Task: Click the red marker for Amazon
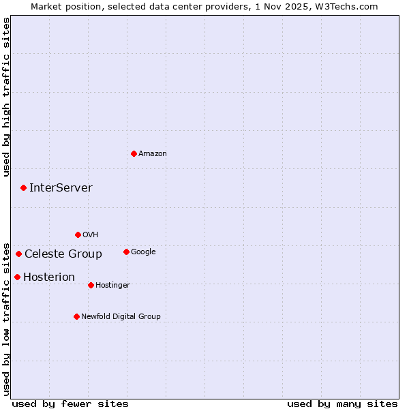point(134,153)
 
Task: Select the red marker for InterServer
point(23,187)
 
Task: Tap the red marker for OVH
point(78,234)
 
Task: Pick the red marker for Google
point(126,252)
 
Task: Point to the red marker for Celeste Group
point(18,254)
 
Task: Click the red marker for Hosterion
point(17,277)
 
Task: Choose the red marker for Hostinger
point(91,285)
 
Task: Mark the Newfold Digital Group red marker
point(76,316)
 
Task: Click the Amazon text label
point(153,154)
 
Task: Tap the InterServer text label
point(61,188)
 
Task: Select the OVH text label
point(91,235)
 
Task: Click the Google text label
point(143,252)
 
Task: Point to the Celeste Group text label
point(63,254)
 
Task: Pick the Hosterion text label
point(49,277)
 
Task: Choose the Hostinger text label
point(112,286)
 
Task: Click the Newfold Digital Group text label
point(121,317)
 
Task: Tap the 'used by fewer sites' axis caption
point(70,404)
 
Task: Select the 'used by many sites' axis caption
point(342,404)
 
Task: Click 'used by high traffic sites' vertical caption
point(6,97)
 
